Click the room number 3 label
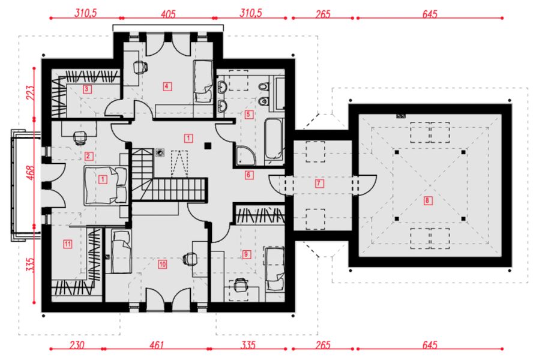(x=86, y=89)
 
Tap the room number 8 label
(x=427, y=200)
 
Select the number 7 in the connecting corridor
(x=319, y=184)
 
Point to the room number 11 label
(x=68, y=244)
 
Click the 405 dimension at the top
(x=168, y=14)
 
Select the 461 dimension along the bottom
(x=157, y=345)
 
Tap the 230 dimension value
(x=77, y=345)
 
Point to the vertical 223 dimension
(x=30, y=93)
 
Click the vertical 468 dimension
(x=30, y=173)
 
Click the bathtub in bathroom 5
(x=273, y=139)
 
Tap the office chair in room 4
(x=140, y=67)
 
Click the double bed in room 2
(x=106, y=185)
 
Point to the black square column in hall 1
(x=208, y=146)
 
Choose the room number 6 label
(x=249, y=175)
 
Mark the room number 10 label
(x=163, y=264)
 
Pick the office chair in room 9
(x=240, y=285)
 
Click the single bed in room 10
(x=121, y=251)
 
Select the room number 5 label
(x=248, y=114)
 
